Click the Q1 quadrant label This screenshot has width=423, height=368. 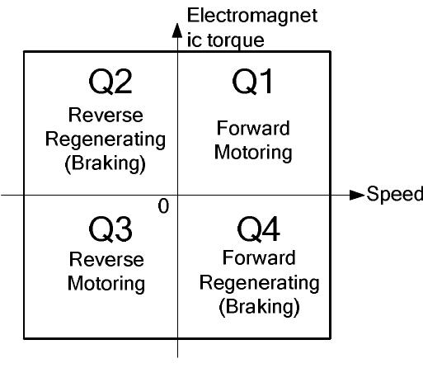pos(253,83)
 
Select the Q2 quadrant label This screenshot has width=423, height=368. pos(110,83)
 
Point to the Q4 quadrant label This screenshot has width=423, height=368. pos(258,231)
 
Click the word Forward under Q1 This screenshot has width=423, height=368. pos(253,129)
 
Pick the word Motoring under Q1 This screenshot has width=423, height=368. pos(253,153)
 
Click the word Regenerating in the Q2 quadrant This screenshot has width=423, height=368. pos(106,139)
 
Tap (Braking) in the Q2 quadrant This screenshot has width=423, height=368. pos(106,163)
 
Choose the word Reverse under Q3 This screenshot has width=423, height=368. pos(106,260)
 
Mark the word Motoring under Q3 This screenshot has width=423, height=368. pos(106,283)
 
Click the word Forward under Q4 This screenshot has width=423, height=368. pos(259,260)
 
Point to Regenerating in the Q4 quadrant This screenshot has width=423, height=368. pos(259,283)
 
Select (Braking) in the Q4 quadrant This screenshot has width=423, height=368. pos(259,307)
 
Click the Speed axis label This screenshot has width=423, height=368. pos(395,195)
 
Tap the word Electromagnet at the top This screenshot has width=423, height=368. pos(251,16)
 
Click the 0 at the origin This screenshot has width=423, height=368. pos(164,206)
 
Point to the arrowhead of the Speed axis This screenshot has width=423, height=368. pos(356,196)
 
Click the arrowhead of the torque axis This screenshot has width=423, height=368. pos(176,31)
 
